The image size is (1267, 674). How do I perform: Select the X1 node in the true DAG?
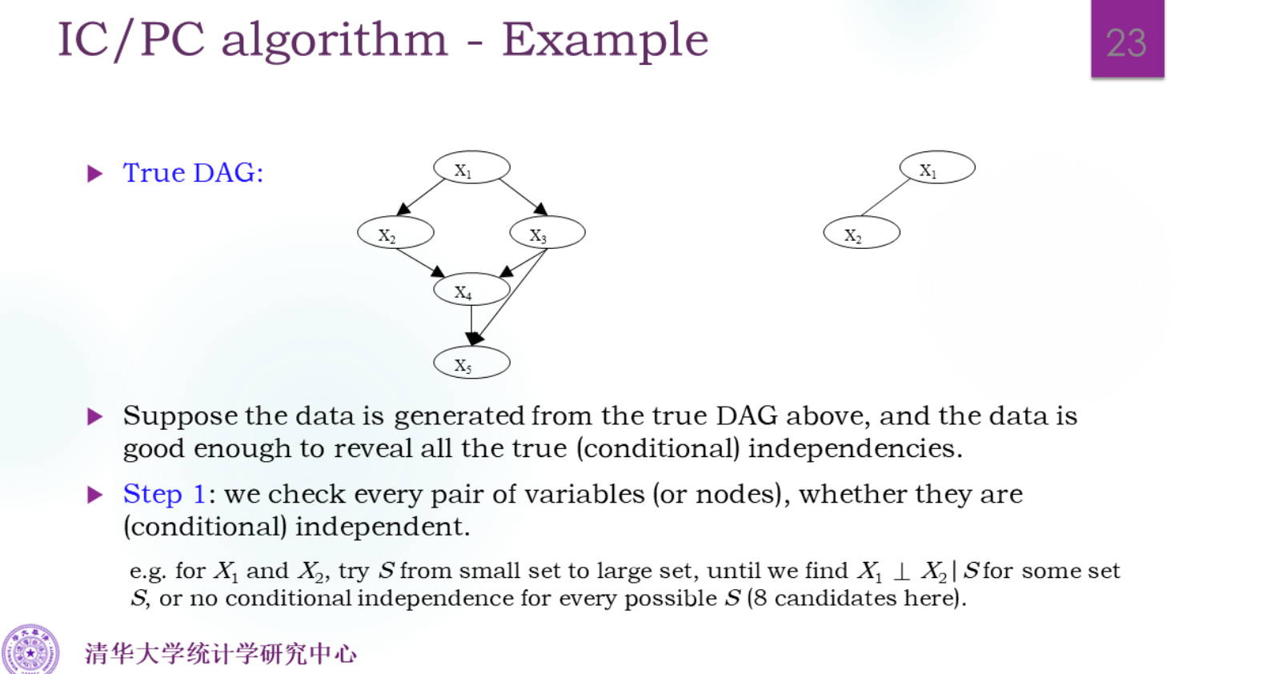point(471,167)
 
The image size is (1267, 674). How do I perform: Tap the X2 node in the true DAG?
point(395,233)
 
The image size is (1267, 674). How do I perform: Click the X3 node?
point(547,233)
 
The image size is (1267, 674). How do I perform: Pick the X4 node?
point(471,289)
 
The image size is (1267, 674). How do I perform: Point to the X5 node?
point(471,362)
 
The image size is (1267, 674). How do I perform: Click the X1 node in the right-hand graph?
point(937,167)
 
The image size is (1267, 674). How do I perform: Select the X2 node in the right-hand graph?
point(861,233)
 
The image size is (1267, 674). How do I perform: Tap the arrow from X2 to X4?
point(420,263)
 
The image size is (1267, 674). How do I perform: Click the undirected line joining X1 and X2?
point(886,197)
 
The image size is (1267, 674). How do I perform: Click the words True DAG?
point(194,172)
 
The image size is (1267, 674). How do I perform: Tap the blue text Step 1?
point(164,493)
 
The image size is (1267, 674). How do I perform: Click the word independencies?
point(856,448)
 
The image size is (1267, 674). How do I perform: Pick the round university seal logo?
point(30,651)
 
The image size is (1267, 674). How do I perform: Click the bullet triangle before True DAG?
point(94,173)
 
